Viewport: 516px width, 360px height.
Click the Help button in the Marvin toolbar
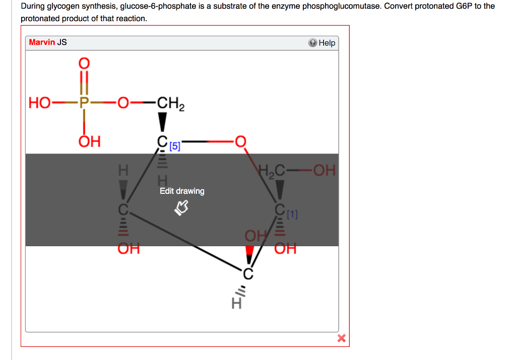322,43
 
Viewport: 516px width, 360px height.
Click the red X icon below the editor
341,338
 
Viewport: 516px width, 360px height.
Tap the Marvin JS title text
48,42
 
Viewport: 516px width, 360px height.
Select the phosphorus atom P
84,104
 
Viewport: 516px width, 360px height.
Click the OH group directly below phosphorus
89,141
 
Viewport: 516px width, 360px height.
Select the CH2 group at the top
170,105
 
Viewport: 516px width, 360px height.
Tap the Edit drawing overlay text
182,191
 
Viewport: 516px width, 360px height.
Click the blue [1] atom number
292,215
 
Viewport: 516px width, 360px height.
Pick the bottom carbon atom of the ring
247,273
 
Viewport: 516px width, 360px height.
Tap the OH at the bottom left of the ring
128,249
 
